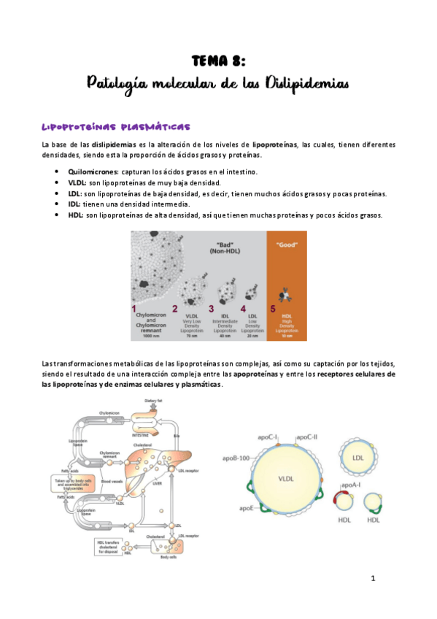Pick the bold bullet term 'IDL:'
pyautogui.click(x=75, y=204)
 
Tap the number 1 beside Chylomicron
pyautogui.click(x=135, y=309)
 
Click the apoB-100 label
pyautogui.click(x=238, y=458)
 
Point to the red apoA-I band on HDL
pyautogui.click(x=341, y=501)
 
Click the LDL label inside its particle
pyautogui.click(x=357, y=458)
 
